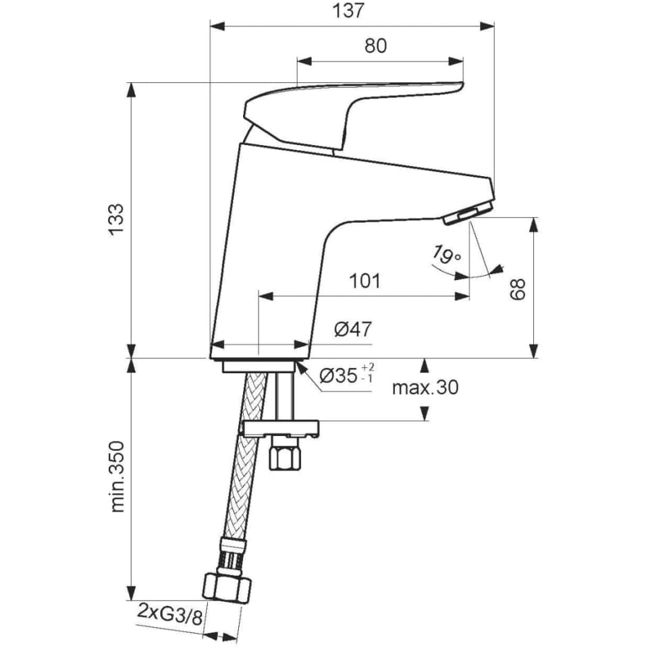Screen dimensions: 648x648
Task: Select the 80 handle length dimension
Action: pyautogui.click(x=376, y=45)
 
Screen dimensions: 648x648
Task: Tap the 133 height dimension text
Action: pyautogui.click(x=116, y=219)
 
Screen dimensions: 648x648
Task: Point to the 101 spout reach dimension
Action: pyautogui.click(x=365, y=281)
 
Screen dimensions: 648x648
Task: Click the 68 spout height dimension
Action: pyautogui.click(x=517, y=289)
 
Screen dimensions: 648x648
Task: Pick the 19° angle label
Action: pyautogui.click(x=446, y=254)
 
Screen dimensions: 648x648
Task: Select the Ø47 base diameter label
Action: pyautogui.click(x=353, y=329)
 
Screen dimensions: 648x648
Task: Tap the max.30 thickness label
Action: pyautogui.click(x=425, y=387)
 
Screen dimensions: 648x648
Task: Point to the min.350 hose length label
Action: pyautogui.click(x=117, y=477)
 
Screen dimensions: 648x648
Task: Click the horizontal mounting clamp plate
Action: pyautogui.click(x=281, y=429)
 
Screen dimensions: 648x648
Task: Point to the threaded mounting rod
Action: pyautogui.click(x=285, y=396)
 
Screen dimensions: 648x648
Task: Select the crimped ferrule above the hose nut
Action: pyautogui.click(x=232, y=556)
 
